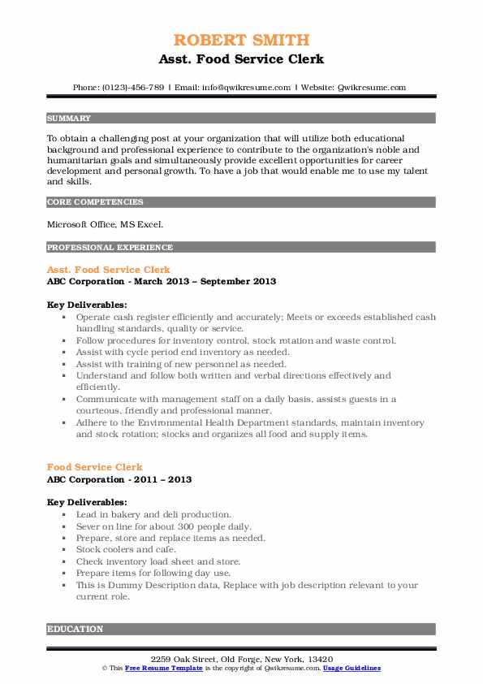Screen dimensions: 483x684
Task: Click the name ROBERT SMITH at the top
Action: coord(241,40)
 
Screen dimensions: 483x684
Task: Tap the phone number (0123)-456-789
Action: coord(141,87)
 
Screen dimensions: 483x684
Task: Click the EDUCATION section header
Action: coord(75,629)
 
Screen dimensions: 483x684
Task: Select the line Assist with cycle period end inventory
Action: coord(183,353)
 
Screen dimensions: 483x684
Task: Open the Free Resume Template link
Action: coord(151,668)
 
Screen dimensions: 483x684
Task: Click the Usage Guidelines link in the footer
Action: coord(351,668)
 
